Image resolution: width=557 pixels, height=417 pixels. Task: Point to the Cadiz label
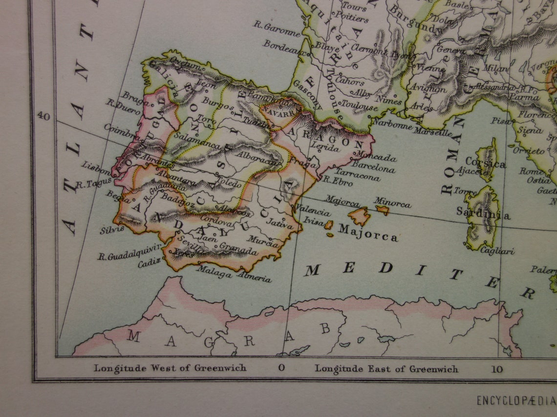[x=149, y=264]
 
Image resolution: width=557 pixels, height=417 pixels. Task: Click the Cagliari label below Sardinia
[x=497, y=251]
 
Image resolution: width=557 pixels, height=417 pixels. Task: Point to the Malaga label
[x=214, y=274]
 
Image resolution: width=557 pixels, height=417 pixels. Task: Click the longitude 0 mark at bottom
[x=281, y=369]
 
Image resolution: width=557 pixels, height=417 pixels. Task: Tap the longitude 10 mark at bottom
[x=497, y=369]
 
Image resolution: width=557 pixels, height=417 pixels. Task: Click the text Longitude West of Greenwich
[x=170, y=368]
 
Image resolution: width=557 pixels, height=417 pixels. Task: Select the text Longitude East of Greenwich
[x=386, y=369]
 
